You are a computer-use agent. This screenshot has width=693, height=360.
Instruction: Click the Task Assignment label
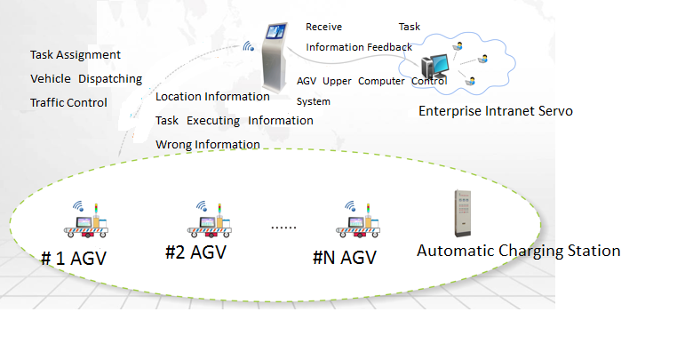(x=76, y=55)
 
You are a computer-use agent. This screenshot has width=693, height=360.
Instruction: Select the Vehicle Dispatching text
(x=86, y=79)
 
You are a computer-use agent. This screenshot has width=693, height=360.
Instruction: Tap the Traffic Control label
(x=68, y=102)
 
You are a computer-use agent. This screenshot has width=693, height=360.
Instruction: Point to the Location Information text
(x=212, y=96)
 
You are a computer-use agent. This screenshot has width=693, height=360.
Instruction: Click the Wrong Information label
(x=208, y=144)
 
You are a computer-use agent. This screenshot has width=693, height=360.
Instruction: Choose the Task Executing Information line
(x=234, y=120)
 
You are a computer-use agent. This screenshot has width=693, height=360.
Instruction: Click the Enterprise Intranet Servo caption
(x=496, y=112)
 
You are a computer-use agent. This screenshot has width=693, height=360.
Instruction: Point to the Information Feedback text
(x=359, y=47)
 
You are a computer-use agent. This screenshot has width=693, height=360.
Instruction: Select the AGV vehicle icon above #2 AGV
(x=209, y=220)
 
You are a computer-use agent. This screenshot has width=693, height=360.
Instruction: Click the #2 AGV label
(x=195, y=252)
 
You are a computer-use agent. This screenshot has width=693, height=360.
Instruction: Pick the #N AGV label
(x=345, y=258)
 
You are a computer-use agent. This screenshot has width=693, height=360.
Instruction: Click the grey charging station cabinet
(x=459, y=212)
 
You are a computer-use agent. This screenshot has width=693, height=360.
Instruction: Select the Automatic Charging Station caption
(x=518, y=251)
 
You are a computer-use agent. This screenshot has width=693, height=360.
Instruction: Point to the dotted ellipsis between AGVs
(x=283, y=227)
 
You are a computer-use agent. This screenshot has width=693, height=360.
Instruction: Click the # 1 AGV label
(x=79, y=259)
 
